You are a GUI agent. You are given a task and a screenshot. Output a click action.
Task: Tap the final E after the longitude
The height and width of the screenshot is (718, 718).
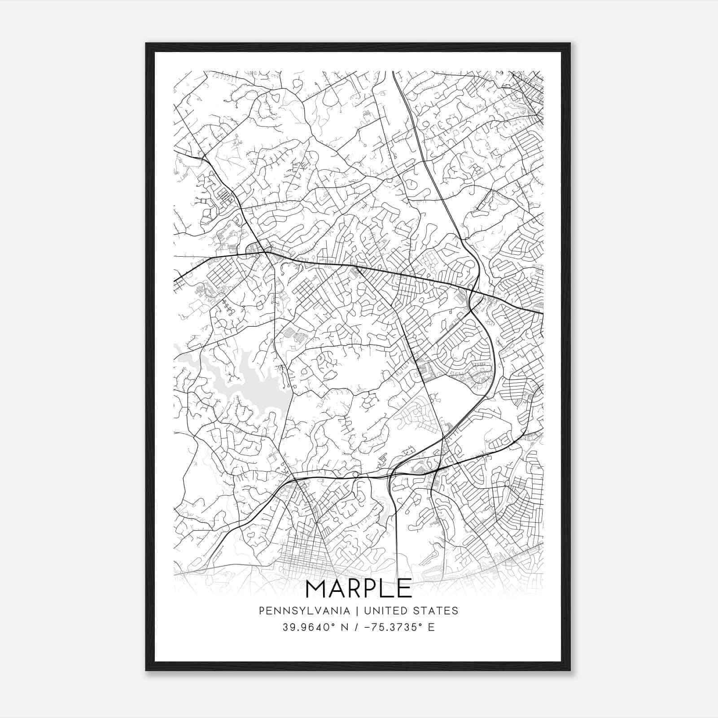(431, 627)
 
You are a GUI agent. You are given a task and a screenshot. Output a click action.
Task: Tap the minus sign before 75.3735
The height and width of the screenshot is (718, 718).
(366, 627)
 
